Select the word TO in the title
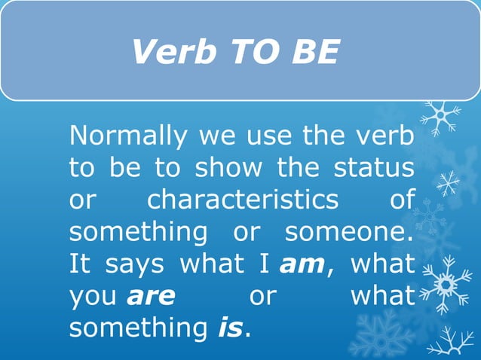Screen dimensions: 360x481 248,52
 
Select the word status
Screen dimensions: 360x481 374,168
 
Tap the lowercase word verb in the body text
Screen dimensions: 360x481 383,136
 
